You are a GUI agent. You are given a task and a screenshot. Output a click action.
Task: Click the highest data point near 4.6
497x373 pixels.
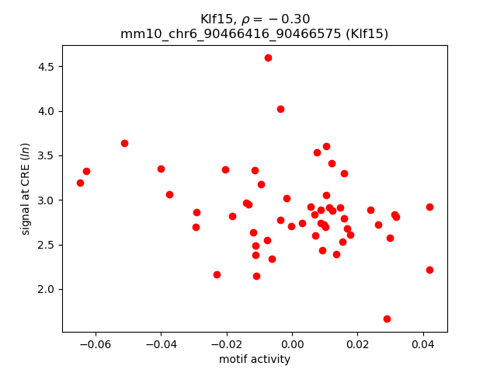click(268, 58)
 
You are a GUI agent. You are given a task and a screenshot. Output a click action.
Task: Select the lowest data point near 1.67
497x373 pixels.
click(387, 319)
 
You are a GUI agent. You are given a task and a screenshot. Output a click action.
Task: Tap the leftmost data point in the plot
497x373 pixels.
click(80, 183)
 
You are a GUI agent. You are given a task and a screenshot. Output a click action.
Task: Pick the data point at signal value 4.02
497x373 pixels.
click(280, 109)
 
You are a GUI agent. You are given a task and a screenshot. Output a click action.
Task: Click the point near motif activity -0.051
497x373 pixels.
click(124, 143)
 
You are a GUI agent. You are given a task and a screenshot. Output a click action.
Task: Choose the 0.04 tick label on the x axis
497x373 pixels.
click(422, 343)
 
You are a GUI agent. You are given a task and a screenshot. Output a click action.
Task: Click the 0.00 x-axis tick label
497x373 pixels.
click(292, 343)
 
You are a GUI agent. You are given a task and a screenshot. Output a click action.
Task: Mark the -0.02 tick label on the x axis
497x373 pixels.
click(226, 343)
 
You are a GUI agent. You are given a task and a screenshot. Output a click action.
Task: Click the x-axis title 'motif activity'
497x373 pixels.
click(255, 359)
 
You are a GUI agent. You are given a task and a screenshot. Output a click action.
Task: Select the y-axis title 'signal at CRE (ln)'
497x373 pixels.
click(26, 189)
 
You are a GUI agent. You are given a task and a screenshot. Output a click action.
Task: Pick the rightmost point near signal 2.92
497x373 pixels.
click(429, 207)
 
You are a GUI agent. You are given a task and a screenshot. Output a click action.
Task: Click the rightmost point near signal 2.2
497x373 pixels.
click(429, 270)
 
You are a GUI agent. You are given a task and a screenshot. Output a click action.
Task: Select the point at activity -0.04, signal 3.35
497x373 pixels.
click(161, 169)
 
